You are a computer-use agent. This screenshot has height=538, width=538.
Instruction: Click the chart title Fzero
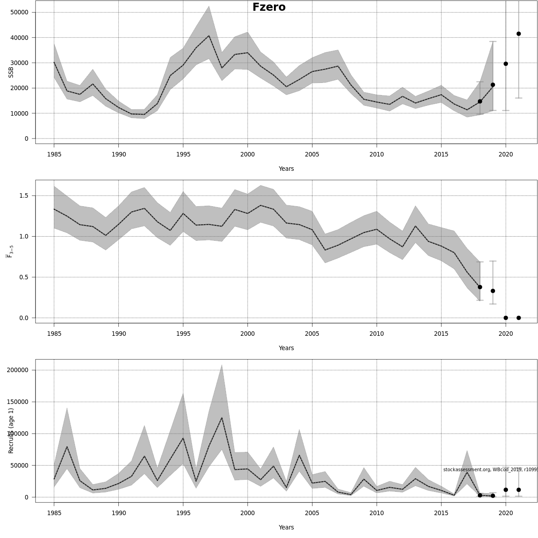click(x=269, y=7)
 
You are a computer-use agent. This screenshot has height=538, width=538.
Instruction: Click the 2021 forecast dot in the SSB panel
click(x=519, y=34)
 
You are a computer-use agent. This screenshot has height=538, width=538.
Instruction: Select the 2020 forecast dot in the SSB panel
click(x=506, y=64)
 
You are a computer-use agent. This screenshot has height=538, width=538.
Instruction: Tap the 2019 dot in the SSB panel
click(x=493, y=85)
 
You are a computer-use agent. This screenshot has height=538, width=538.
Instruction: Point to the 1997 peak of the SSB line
click(x=209, y=36)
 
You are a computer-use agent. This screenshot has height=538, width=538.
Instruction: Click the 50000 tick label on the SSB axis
click(x=19, y=12)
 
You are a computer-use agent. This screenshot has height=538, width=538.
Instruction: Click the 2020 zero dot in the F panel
click(x=506, y=318)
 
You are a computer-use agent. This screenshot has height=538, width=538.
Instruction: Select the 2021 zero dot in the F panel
click(x=519, y=318)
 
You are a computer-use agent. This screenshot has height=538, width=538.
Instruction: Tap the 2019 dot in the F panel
click(x=493, y=291)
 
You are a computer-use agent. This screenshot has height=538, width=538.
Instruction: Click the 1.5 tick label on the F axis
click(x=24, y=196)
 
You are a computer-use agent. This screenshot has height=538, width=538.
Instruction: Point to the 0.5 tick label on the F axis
click(x=24, y=277)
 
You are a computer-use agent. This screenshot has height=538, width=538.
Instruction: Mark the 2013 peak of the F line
click(x=416, y=226)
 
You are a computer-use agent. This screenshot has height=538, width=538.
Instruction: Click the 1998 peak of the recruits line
click(x=222, y=418)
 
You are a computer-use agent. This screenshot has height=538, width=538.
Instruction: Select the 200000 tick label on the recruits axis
click(x=17, y=370)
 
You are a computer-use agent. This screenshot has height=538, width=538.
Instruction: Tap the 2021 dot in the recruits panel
click(x=519, y=490)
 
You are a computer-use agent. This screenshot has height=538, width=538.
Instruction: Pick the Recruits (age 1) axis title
click(x=11, y=430)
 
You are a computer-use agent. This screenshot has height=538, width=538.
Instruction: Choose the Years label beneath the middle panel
click(x=286, y=348)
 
